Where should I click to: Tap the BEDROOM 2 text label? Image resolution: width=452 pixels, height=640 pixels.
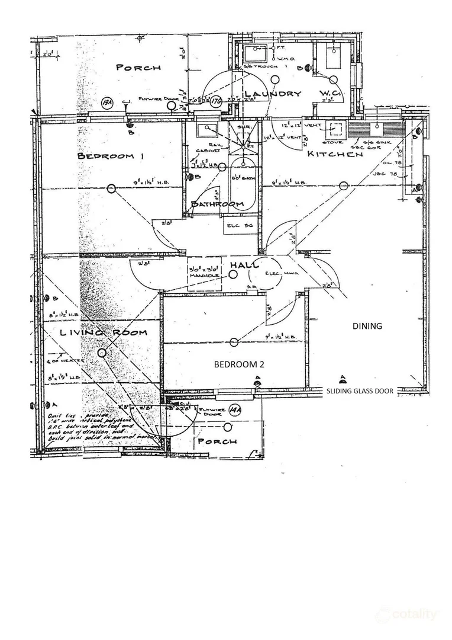point(238,364)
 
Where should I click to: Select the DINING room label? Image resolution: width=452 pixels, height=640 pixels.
point(367,326)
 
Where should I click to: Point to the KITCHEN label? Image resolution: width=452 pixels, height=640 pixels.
point(334,155)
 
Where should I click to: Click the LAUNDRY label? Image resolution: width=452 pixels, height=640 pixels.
point(273,94)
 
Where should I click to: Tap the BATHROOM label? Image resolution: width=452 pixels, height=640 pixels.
point(217,204)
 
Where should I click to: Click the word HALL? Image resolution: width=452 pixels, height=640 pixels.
point(244,265)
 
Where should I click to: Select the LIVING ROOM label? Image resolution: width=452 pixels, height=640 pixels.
point(103,332)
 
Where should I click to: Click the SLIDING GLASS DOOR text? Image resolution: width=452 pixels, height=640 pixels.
point(360,391)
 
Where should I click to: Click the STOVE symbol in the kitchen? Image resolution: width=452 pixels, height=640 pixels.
point(338,129)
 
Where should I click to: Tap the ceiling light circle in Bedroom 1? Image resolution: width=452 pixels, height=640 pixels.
point(111,188)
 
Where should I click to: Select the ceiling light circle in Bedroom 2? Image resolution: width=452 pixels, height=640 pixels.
point(234,342)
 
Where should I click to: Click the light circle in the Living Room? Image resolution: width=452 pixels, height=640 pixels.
point(102,354)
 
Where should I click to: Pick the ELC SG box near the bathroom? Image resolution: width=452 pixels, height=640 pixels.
point(240,225)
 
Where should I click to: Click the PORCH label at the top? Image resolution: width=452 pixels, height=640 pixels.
point(138,68)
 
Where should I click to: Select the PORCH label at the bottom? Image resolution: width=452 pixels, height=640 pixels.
point(217,441)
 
